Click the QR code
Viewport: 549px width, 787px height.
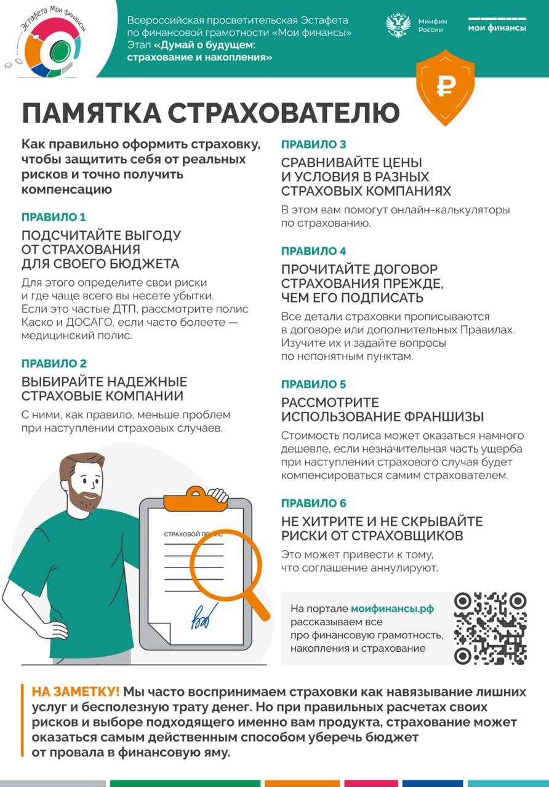click(x=490, y=628)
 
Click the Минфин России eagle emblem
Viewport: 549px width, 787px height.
click(x=398, y=25)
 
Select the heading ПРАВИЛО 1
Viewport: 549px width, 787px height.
click(x=54, y=217)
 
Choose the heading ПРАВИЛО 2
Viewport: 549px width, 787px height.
click(x=54, y=363)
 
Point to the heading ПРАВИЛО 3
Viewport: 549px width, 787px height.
click(x=314, y=144)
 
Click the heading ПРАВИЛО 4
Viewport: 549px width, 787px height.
click(x=314, y=251)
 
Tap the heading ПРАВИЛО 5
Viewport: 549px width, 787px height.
click(x=314, y=384)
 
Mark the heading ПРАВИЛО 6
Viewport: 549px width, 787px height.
click(x=314, y=504)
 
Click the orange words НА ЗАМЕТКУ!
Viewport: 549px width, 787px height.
click(x=76, y=690)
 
